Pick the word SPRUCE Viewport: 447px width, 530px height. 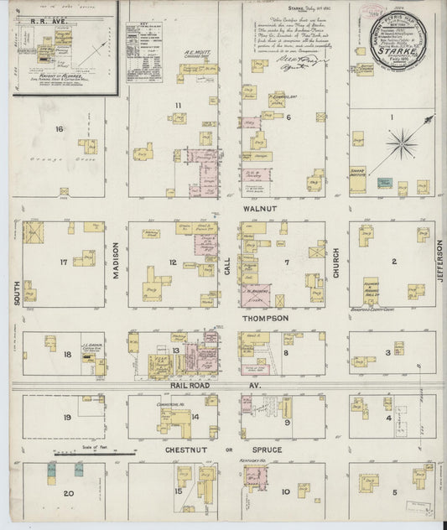tap(273, 451)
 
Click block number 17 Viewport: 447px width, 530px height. tap(63, 262)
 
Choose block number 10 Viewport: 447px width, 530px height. tap(285, 492)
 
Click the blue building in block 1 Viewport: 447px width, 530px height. tap(385, 182)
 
